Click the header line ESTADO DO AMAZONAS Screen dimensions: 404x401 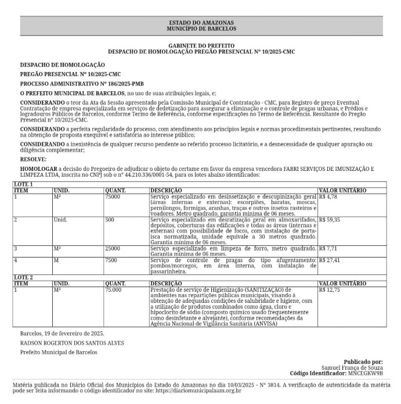(x=201, y=22)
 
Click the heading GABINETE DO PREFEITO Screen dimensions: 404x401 (x=201, y=45)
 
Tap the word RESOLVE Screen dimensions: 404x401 (x=32, y=159)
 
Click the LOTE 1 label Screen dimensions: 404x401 (x=23, y=184)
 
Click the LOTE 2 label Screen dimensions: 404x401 (x=23, y=277)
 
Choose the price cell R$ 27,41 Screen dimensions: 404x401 (x=330, y=260)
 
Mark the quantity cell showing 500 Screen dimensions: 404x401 (x=110, y=220)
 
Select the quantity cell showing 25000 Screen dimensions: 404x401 (x=113, y=248)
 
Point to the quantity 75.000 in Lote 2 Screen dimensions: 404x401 (x=113, y=289)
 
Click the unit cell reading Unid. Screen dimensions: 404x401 (x=60, y=220)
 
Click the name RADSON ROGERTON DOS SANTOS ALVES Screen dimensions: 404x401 (x=72, y=342)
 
